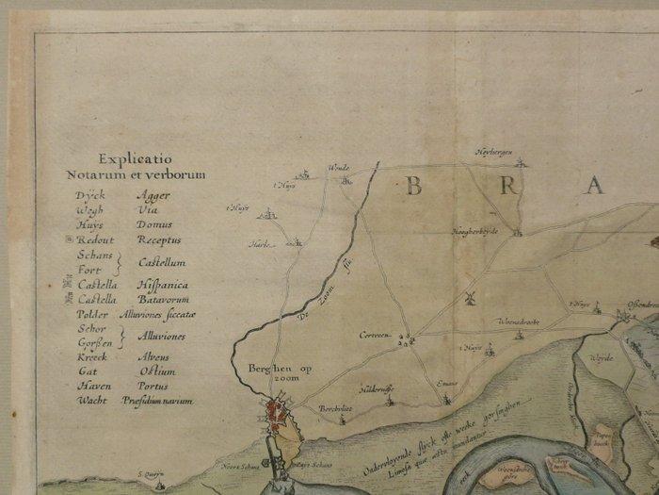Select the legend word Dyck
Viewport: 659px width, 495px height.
[x=90, y=194]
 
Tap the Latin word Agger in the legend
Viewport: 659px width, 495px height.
[x=154, y=194]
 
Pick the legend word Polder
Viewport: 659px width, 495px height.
[x=93, y=314]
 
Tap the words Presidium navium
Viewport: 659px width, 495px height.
[x=157, y=401]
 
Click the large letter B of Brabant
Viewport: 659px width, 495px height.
[x=412, y=186]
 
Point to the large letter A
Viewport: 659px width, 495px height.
[x=594, y=186]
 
